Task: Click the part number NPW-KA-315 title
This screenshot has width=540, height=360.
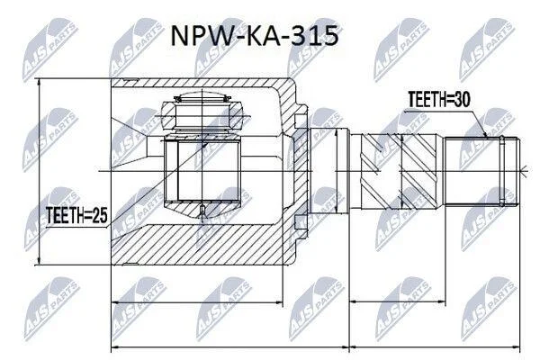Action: click(x=255, y=36)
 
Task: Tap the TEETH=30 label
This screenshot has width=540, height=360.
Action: click(x=439, y=100)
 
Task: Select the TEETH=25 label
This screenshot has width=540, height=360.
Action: click(x=76, y=215)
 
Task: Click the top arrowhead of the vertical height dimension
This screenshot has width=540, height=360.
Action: click(x=40, y=82)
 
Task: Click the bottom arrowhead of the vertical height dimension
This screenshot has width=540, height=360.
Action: click(x=40, y=262)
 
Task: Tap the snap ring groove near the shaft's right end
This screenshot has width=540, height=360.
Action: click(x=502, y=170)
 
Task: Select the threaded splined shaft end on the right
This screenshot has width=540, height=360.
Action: click(x=481, y=171)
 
